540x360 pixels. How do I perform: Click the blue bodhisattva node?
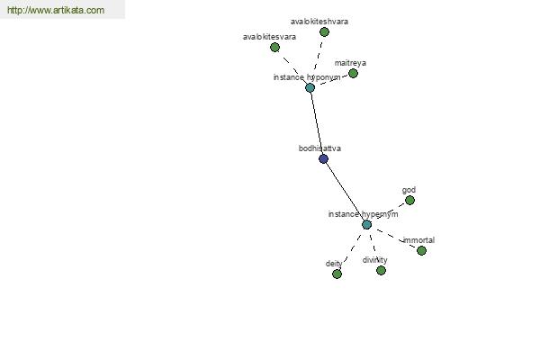323,158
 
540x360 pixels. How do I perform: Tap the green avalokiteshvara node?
324,32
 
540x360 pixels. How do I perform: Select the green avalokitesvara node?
274,47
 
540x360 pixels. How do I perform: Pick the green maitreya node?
353,74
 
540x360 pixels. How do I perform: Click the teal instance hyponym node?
310,88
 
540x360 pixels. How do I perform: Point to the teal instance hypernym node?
367,225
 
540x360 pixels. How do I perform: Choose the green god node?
409,200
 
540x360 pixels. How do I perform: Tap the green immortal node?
421,250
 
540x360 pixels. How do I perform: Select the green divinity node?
381,270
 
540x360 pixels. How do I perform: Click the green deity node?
337,274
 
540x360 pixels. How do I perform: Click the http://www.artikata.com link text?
56,10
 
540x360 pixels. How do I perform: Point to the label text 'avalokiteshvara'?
319,22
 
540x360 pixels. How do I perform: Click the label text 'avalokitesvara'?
269,37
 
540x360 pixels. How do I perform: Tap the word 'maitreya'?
350,63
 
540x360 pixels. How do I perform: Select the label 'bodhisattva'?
319,148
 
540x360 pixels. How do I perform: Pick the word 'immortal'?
418,240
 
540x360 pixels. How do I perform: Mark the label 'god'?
409,190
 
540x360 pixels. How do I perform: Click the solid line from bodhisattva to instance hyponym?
317,123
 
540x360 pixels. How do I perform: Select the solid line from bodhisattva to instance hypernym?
345,192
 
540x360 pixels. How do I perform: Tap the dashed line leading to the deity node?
352,250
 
